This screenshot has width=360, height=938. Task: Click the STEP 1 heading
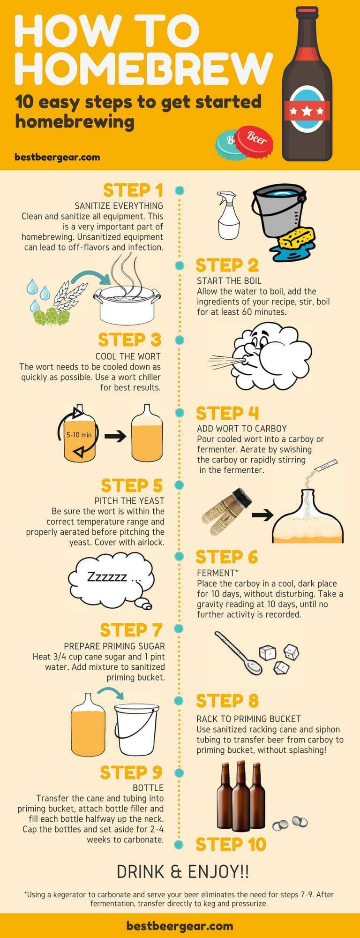point(133,190)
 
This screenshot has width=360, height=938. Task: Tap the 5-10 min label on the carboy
point(79,435)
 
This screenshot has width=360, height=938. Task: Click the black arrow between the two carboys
point(115,437)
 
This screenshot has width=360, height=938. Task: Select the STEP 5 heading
point(132,485)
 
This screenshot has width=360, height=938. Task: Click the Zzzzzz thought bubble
point(112,578)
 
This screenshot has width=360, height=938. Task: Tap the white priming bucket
point(136,727)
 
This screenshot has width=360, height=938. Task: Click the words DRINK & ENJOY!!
point(183,872)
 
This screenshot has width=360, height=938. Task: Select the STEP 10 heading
point(231,844)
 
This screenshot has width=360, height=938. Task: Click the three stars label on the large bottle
point(307,111)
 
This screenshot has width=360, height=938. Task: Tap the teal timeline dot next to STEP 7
point(179,629)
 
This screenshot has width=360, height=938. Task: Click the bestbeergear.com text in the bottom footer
point(180,926)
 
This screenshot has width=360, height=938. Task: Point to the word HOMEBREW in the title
point(143,67)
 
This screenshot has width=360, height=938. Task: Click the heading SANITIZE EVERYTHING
point(119,206)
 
